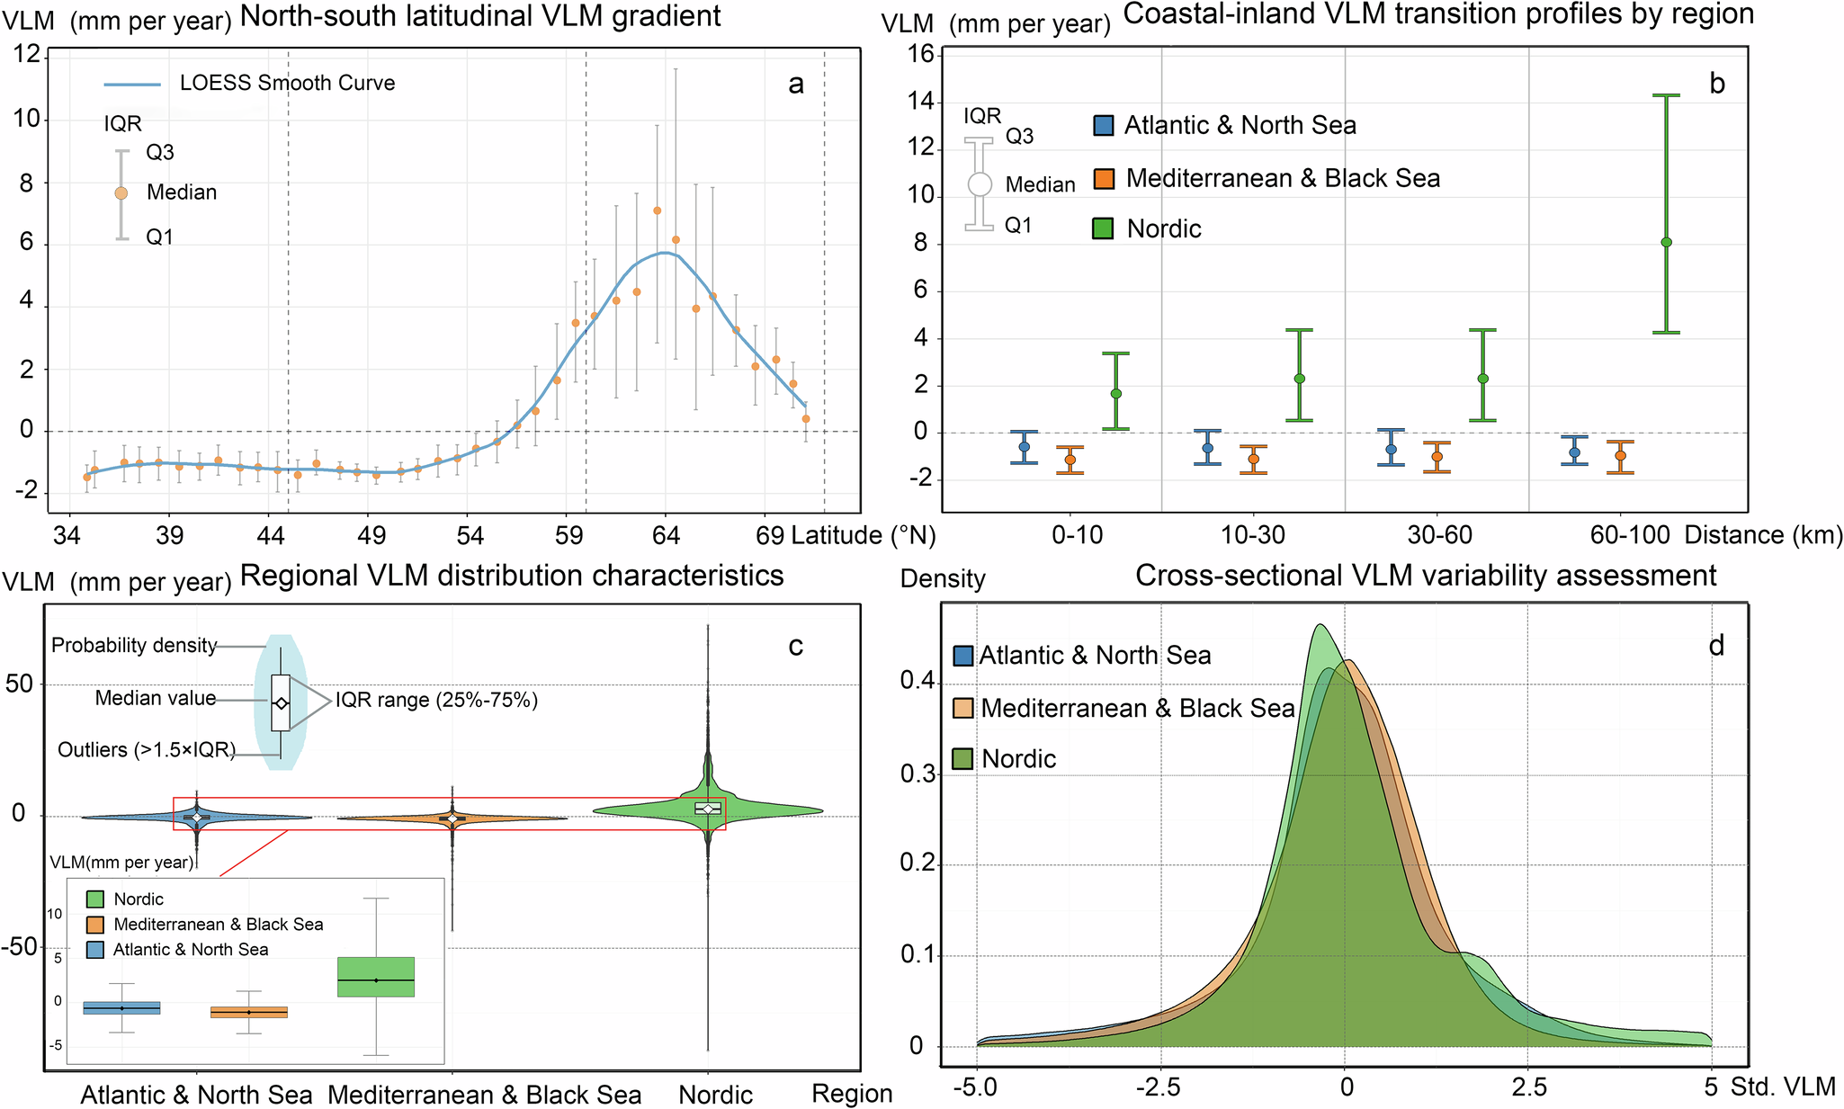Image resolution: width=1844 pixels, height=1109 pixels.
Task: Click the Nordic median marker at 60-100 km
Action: [1666, 242]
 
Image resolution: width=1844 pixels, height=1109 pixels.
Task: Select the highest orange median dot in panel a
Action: [658, 210]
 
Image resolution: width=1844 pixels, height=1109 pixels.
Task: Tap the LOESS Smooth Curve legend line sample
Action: [132, 85]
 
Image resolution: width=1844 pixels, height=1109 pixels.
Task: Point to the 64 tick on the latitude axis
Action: [666, 536]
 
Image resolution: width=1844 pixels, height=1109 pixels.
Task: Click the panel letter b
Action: [1716, 84]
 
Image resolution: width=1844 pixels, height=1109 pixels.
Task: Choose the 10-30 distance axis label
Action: [1253, 536]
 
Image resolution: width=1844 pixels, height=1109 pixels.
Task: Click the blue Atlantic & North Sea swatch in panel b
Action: [1104, 126]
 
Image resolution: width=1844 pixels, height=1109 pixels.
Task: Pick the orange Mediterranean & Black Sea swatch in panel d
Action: [963, 708]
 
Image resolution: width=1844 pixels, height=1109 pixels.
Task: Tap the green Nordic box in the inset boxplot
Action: [376, 977]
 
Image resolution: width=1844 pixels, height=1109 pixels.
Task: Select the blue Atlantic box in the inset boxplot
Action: [121, 1007]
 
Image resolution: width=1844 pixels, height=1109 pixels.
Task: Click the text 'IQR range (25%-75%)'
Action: [436, 700]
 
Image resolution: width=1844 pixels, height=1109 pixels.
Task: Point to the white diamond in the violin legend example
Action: [281, 703]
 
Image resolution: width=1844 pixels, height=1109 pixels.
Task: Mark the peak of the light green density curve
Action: [1320, 625]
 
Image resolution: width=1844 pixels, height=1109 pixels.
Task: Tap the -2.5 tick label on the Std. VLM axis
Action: [1159, 1088]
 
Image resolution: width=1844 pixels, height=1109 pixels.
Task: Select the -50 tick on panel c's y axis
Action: [19, 947]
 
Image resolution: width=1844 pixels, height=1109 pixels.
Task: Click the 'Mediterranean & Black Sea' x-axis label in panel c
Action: [484, 1095]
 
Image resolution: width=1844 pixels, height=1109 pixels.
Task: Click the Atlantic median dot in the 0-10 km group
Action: [1024, 447]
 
